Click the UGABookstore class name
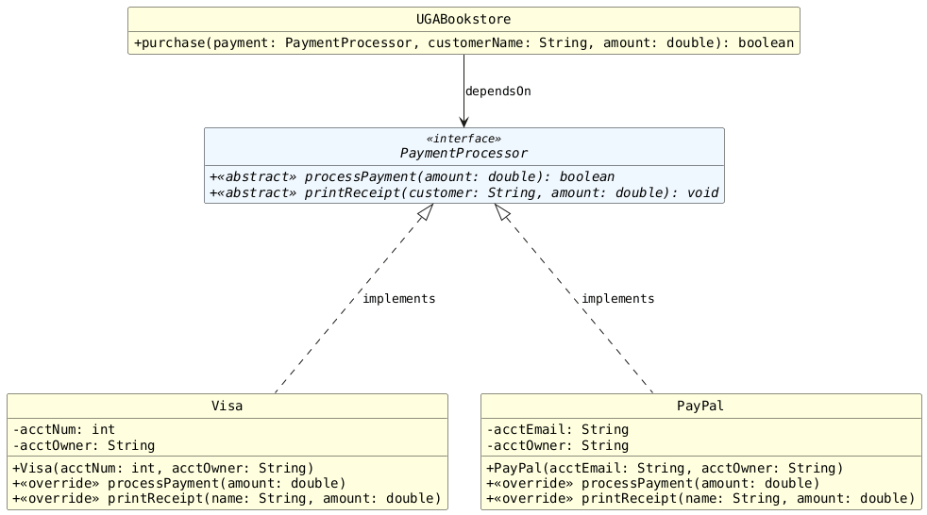463,20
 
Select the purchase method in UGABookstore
463,43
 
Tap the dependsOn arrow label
497,91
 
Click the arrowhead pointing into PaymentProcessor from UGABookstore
463,121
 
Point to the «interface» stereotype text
463,139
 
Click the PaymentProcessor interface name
463,153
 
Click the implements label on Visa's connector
398,299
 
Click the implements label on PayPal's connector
617,299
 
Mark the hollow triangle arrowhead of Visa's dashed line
425,214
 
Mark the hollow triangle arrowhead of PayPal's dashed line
502,214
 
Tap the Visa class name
227,407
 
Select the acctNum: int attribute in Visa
64,430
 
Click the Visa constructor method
163,468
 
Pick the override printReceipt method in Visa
227,498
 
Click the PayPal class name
700,407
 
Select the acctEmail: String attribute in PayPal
557,430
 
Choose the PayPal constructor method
664,468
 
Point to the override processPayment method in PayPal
646,483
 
